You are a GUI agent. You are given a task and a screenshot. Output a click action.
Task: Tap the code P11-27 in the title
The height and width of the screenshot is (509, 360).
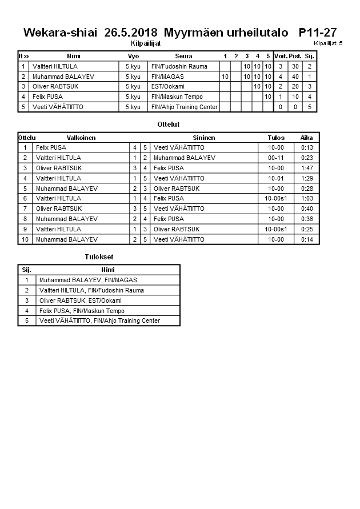[x=318, y=33]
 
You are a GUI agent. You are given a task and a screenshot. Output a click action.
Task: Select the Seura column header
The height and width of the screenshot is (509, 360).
[x=184, y=56]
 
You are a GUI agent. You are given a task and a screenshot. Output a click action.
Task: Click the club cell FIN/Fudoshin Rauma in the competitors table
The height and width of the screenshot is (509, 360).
[x=179, y=66]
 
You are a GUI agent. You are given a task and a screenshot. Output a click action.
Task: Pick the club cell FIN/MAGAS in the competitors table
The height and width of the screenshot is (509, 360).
[x=168, y=77]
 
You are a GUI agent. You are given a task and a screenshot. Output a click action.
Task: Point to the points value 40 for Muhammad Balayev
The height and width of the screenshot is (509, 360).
[x=295, y=77]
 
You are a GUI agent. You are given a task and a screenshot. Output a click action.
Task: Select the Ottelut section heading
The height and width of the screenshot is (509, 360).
[x=169, y=124]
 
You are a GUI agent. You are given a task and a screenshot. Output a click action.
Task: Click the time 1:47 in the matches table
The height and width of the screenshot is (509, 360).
[x=307, y=168]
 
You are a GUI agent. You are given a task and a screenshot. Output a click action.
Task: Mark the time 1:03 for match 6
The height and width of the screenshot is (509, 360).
[x=307, y=198]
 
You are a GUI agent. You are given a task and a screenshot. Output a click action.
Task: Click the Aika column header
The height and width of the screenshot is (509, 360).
[x=307, y=138]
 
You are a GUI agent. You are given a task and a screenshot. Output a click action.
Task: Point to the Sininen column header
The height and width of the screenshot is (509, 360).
[x=204, y=138]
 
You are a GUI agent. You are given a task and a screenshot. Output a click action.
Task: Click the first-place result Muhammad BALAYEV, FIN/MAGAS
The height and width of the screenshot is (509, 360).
[x=88, y=280]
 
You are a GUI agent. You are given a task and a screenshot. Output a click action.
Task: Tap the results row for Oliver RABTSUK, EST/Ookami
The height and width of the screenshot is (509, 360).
[x=81, y=300]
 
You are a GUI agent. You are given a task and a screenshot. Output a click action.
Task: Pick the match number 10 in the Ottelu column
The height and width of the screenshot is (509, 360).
[x=25, y=239]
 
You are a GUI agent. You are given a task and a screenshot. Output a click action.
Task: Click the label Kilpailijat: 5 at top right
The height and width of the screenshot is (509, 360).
[x=328, y=43]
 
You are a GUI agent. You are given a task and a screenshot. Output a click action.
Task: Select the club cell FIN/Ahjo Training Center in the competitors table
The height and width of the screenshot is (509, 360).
[x=185, y=107]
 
